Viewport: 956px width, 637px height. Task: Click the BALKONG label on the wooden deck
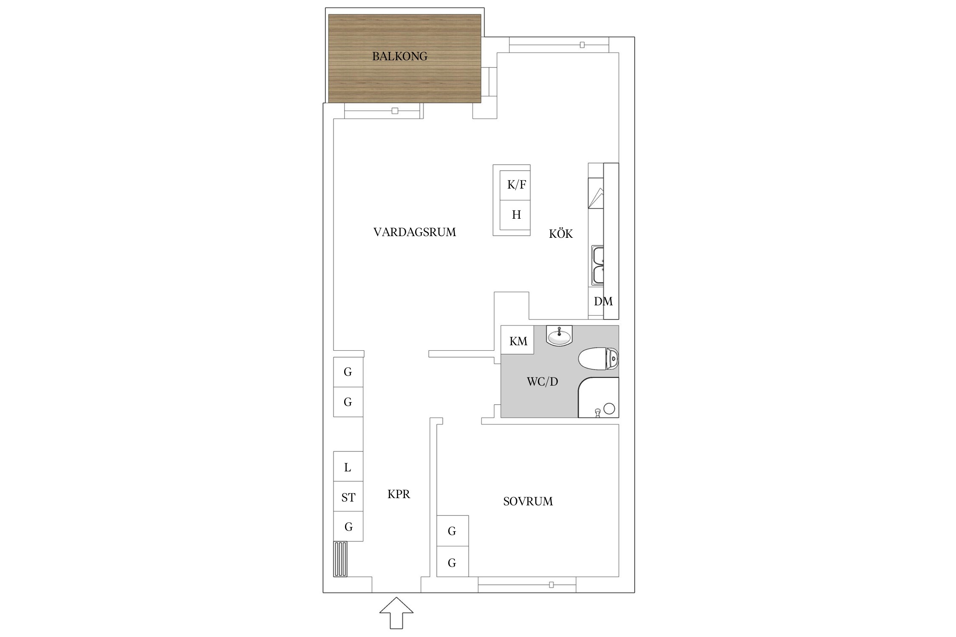pos(400,56)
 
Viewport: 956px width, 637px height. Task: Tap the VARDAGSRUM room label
pos(415,232)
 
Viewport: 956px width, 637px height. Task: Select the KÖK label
pos(561,234)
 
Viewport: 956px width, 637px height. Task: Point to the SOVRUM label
pos(528,502)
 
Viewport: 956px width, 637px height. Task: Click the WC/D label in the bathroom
pos(542,382)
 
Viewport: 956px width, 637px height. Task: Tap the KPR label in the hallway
pos(399,494)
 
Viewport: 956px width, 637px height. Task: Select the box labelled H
pos(515,215)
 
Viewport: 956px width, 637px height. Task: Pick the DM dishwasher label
pos(603,302)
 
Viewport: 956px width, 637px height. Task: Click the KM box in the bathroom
pos(518,340)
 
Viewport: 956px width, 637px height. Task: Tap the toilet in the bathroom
pos(598,359)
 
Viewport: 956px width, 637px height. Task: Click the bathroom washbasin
pos(560,336)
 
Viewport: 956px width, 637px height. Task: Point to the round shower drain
pos(609,409)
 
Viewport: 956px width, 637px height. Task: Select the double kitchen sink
pos(598,265)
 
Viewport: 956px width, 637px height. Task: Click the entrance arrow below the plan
pos(396,612)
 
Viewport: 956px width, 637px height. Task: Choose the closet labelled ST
pos(348,496)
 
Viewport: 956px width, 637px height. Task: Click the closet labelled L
pos(348,467)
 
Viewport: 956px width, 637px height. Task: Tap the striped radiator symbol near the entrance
pos(340,559)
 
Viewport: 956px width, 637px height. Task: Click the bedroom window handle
pos(552,585)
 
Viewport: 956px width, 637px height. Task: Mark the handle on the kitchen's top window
pos(582,45)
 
